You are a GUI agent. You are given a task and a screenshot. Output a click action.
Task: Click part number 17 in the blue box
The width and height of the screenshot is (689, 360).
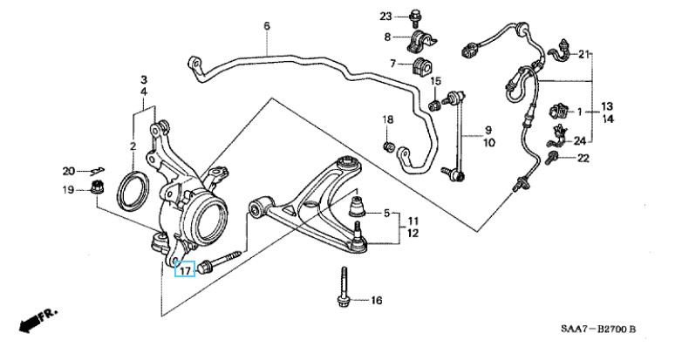(183, 271)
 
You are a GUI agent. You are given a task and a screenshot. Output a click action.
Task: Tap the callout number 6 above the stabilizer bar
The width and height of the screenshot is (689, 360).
(267, 26)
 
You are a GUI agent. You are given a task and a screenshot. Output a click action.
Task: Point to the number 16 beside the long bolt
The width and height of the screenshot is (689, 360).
(376, 302)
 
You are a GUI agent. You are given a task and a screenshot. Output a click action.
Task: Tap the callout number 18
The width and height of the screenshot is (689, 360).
(387, 119)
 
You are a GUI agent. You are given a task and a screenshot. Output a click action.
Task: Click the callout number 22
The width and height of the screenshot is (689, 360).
(583, 158)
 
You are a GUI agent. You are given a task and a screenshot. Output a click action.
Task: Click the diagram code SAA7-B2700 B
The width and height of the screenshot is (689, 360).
(598, 329)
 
